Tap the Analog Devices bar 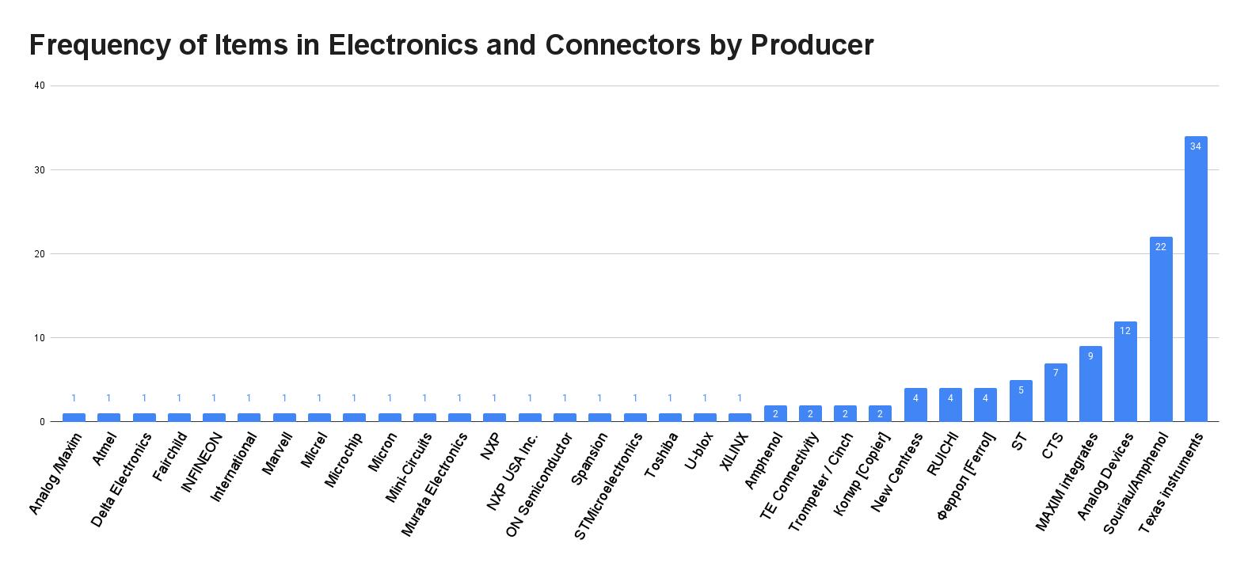(1125, 371)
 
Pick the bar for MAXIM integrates (1090, 384)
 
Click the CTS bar (1056, 393)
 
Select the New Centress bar (915, 405)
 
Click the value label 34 (1196, 146)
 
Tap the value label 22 (1161, 247)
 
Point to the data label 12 (1125, 331)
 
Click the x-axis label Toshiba (662, 454)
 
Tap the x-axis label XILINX (734, 452)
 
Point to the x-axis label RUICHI (943, 454)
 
